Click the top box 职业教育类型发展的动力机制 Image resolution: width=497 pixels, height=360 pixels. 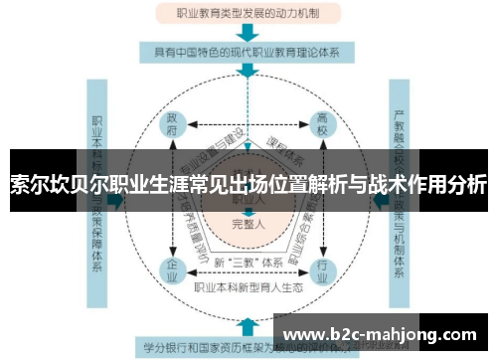[x=248, y=15]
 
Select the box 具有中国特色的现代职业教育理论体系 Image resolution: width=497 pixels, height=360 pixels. [x=248, y=51]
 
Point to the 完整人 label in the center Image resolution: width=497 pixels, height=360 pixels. [x=248, y=225]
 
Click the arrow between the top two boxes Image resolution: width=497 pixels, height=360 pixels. [x=248, y=33]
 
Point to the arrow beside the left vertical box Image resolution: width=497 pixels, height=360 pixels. [x=116, y=199]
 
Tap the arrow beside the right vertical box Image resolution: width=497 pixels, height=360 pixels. [x=379, y=199]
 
